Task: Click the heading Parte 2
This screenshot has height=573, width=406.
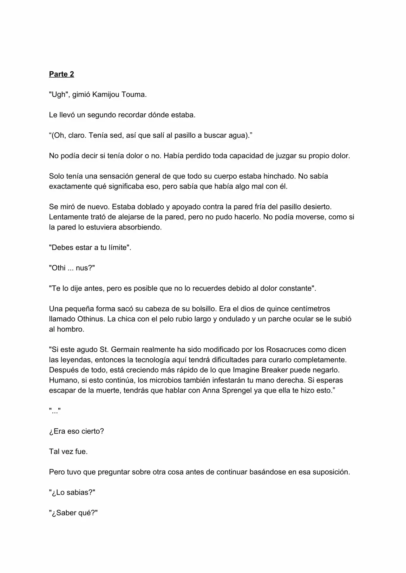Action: tap(62, 74)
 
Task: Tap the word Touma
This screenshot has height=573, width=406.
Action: tap(134, 95)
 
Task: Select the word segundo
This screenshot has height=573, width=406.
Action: tap(102, 115)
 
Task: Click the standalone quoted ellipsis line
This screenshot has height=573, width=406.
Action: tap(55, 411)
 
